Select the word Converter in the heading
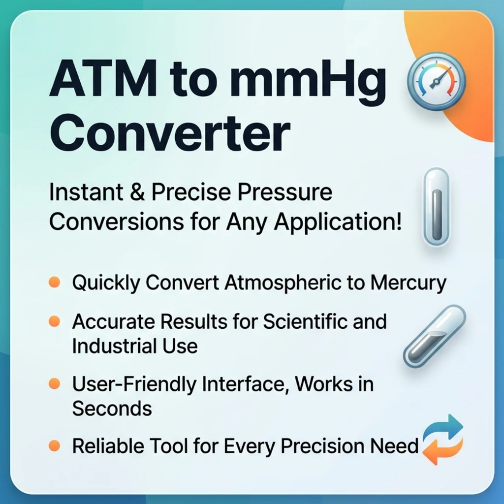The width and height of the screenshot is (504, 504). tap(170, 132)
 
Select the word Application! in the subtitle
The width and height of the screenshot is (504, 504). tap(337, 222)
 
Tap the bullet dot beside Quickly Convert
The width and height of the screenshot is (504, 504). tap(55, 282)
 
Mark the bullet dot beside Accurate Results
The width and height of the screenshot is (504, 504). tap(55, 321)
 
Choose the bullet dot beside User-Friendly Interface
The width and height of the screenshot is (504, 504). tap(55, 383)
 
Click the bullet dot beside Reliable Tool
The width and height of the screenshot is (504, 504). tap(55, 446)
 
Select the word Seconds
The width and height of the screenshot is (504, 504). tap(112, 409)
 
